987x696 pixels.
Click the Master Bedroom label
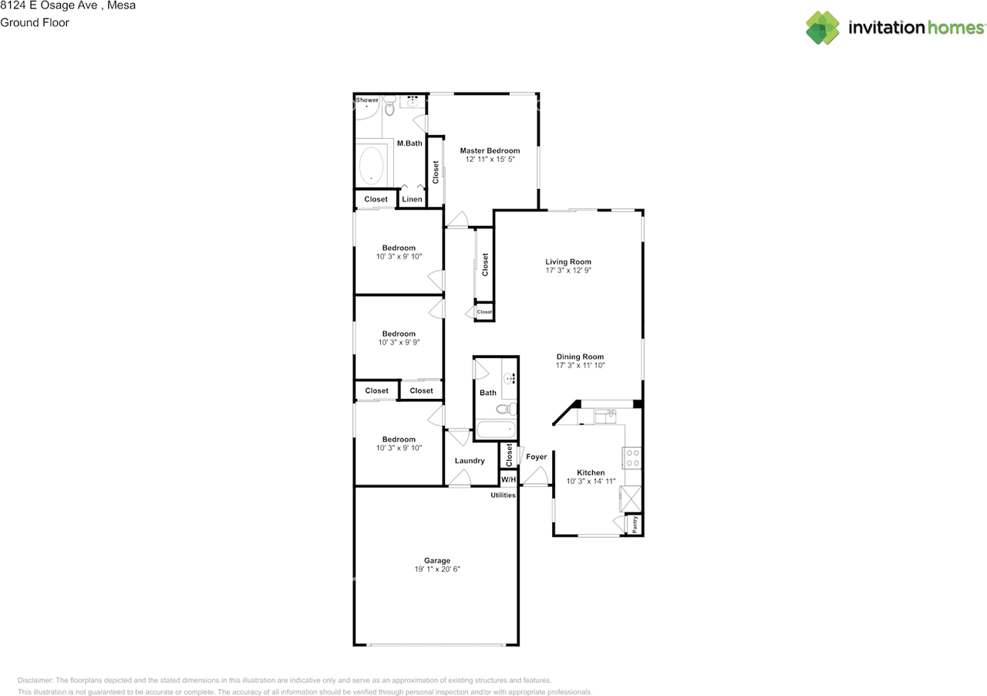[x=490, y=150]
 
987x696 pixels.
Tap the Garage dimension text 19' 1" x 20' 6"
[x=437, y=569]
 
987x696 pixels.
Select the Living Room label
[x=568, y=262]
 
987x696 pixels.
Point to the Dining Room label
[x=580, y=356]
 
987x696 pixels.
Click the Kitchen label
[x=591, y=472]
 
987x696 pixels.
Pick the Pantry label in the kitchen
[x=635, y=524]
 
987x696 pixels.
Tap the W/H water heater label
[x=508, y=479]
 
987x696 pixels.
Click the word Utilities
[x=503, y=495]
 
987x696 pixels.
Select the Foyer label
[x=536, y=457]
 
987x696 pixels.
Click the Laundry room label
[x=470, y=461]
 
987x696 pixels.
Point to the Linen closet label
[x=412, y=199]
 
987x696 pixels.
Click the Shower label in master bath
[x=367, y=100]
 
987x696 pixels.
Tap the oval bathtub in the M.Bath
[x=372, y=165]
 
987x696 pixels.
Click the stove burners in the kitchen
[x=632, y=458]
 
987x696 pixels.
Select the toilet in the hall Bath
[x=507, y=409]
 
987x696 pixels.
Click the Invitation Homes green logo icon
[x=823, y=28]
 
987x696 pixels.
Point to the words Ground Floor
[x=35, y=22]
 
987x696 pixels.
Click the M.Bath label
[x=409, y=144]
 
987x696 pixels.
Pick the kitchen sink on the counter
[x=605, y=416]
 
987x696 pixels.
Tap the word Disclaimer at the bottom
[x=35, y=680]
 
